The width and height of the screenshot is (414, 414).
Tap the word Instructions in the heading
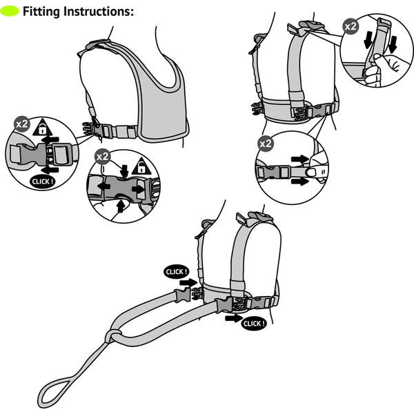click(x=100, y=11)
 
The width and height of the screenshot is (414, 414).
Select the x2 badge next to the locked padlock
click(x=22, y=126)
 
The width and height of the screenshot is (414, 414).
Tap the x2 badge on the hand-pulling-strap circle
click(x=351, y=27)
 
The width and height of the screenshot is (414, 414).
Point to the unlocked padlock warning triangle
click(x=140, y=166)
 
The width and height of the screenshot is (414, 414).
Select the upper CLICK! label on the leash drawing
click(x=176, y=271)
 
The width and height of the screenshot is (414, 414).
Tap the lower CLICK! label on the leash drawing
click(x=254, y=323)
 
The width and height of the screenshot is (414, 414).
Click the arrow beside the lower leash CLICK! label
click(x=233, y=319)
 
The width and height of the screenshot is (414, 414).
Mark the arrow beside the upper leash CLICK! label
click(x=186, y=282)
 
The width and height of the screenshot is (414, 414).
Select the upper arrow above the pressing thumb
click(x=299, y=159)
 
